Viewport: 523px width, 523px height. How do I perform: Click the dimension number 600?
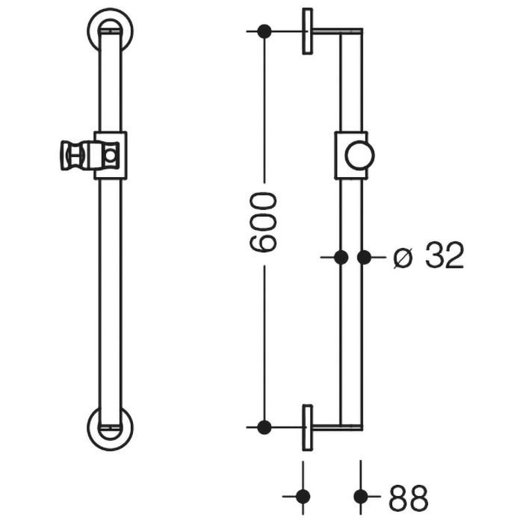point(264,222)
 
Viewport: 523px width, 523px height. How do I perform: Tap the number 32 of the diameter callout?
point(445,257)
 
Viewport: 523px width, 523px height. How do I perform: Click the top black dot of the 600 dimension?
point(264,31)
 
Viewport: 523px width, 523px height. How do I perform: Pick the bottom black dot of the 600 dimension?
point(264,427)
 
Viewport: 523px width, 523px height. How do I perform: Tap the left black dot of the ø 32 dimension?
point(341,257)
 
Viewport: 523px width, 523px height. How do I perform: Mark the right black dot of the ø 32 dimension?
point(364,257)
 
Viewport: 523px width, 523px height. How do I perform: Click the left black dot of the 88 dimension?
point(303,496)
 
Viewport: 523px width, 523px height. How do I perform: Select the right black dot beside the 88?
point(362,496)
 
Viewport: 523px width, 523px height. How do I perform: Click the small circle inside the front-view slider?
point(111,156)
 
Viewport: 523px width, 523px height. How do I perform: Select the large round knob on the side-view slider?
point(359,155)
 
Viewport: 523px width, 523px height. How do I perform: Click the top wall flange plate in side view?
point(307,31)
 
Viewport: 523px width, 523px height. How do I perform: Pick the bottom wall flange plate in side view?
point(307,427)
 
